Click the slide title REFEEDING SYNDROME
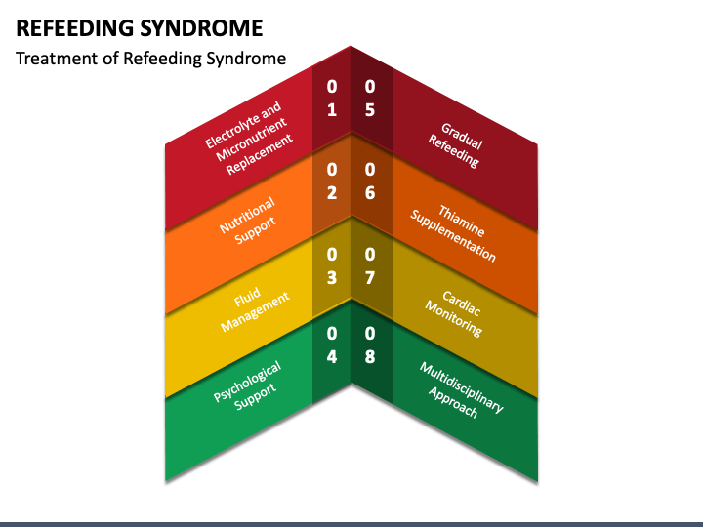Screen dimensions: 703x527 [x=140, y=28]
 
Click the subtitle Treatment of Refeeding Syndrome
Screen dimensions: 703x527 [x=150, y=59]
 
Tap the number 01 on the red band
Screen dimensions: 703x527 [x=332, y=99]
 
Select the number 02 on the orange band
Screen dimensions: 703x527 [x=332, y=182]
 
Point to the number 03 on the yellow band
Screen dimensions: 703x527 [x=332, y=266]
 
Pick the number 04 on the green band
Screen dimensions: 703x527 [x=332, y=345]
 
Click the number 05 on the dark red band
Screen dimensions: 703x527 [x=370, y=99]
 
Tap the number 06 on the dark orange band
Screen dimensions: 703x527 [x=370, y=182]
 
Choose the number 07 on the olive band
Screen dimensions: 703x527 [x=370, y=266]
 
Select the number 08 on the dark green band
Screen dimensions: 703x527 [x=370, y=345]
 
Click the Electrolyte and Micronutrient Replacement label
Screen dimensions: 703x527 [x=249, y=138]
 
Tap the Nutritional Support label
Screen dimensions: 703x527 [x=248, y=221]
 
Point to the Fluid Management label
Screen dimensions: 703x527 [x=255, y=309]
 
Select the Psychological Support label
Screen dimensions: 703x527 [x=247, y=385]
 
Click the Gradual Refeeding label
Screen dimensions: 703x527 [x=456, y=145]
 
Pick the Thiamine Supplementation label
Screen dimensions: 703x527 [x=454, y=233]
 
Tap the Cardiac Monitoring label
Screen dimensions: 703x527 [x=454, y=313]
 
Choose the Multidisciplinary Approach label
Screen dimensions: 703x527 [x=461, y=389]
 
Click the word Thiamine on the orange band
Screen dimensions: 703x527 [x=462, y=221]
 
